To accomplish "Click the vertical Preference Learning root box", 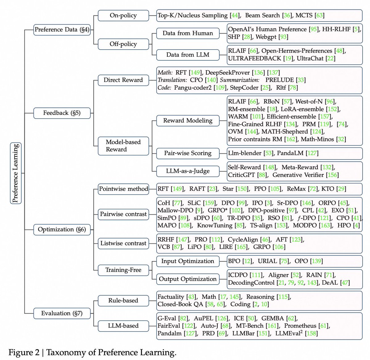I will (x=16, y=173).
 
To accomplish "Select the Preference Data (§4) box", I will (x=62, y=30).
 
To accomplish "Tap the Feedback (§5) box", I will (x=62, y=113).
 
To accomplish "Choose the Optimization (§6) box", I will (x=62, y=229).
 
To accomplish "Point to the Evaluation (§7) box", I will (x=62, y=313).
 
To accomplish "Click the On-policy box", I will (x=123, y=15).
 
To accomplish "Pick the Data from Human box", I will (x=187, y=33).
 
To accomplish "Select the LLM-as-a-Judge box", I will (x=187, y=171).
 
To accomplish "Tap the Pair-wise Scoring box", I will (x=187, y=153).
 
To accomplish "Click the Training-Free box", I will (x=123, y=270).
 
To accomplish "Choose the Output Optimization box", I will (x=187, y=279).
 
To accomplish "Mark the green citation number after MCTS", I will (x=319, y=15).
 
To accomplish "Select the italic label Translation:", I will (x=172, y=80).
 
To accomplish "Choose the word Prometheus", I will (x=300, y=326).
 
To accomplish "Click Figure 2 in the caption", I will (x=24, y=353).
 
